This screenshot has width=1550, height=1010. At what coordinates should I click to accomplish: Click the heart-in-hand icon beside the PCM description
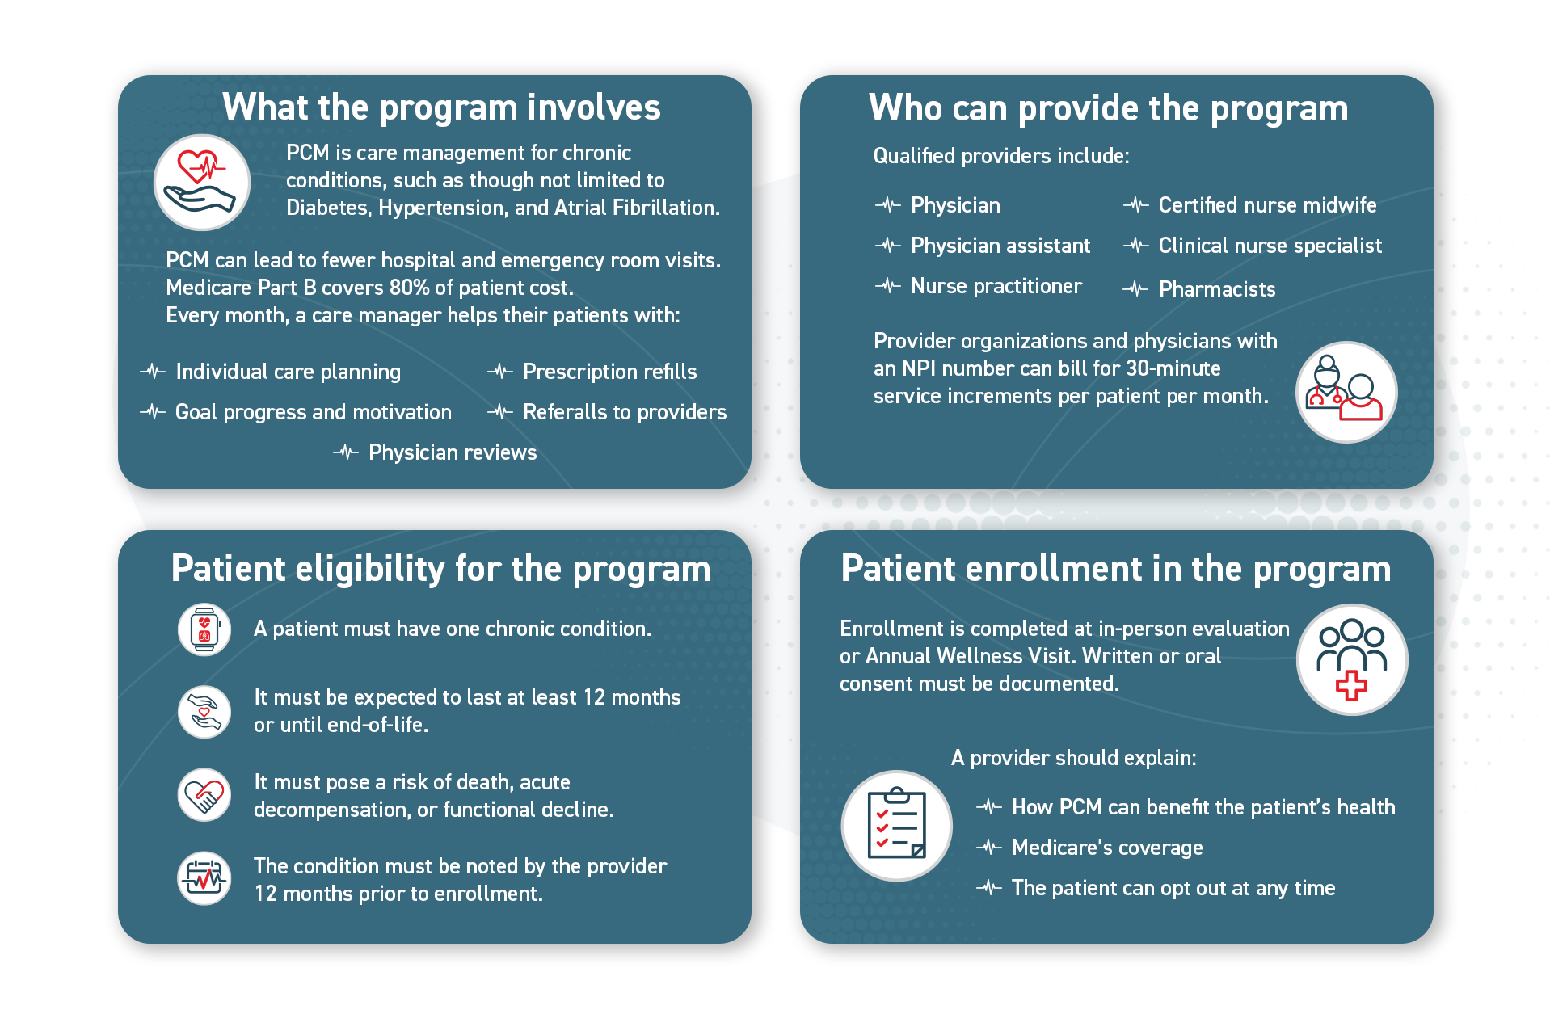pos(201,183)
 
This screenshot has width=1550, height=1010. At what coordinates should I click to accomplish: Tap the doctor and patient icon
pos(1346,392)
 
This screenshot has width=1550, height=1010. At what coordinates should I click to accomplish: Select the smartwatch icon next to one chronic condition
pos(204,629)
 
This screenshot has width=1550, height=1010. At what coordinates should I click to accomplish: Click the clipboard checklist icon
pos(896,825)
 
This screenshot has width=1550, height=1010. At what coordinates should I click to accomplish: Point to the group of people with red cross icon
pos(1351,659)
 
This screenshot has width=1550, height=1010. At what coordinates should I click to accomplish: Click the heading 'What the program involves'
pos(441,107)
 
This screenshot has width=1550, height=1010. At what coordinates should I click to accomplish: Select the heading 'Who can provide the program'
pos(1108,108)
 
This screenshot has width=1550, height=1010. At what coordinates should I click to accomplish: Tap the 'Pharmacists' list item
pos(1216,289)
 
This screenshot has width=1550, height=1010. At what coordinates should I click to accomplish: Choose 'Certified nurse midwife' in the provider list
pos(1266,205)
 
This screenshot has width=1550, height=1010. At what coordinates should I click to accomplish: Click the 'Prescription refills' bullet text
pos(609,372)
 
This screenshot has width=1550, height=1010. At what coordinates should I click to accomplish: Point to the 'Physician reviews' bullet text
pos(452,452)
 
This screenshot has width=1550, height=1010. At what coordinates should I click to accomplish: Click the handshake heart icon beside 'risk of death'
pos(204,795)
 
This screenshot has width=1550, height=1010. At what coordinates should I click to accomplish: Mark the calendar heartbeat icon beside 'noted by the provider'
pos(204,878)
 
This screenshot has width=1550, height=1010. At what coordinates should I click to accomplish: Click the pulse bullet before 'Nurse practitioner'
pos(887,286)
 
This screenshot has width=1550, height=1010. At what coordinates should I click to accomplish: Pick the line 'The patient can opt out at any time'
pos(1173,888)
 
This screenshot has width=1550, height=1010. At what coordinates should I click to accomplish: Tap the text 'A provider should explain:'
pos(1073,758)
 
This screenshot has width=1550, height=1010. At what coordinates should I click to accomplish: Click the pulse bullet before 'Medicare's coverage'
pos(988,848)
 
